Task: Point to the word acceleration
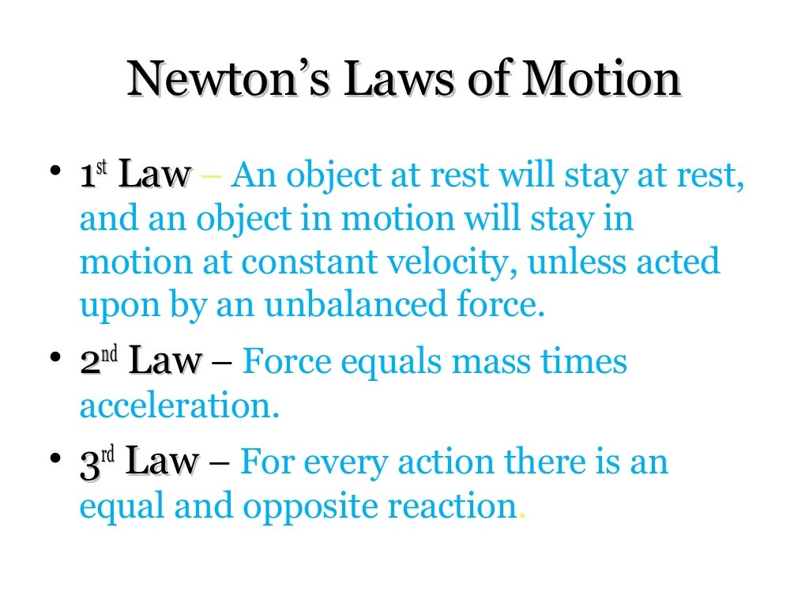179,406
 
